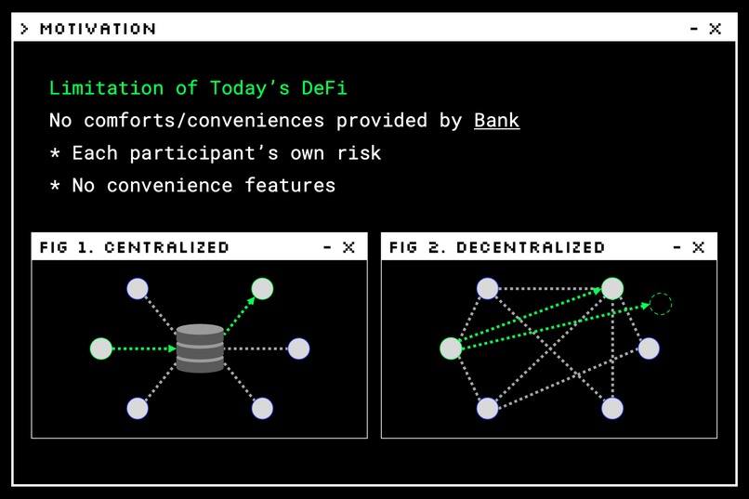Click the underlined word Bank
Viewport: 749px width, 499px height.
[x=496, y=121]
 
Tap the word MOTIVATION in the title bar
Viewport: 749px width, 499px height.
[x=98, y=29]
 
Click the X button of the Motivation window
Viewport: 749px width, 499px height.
[x=715, y=29]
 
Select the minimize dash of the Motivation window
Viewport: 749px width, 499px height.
[x=693, y=29]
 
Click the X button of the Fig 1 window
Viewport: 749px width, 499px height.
[x=348, y=247]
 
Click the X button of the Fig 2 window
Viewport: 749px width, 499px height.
[x=698, y=247]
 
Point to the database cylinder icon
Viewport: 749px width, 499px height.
[x=200, y=348]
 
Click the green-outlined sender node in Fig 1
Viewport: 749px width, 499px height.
[x=101, y=348]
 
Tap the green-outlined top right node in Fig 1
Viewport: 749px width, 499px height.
[x=262, y=289]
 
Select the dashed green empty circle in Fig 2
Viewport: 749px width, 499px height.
[x=660, y=304]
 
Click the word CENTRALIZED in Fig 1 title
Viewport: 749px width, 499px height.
[x=166, y=247]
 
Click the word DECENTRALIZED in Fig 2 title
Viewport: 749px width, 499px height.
[x=531, y=247]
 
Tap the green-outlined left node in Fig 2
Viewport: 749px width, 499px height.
[x=451, y=348]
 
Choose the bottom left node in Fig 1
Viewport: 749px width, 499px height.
[x=138, y=408]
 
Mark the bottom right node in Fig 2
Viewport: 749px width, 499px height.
[x=611, y=408]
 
